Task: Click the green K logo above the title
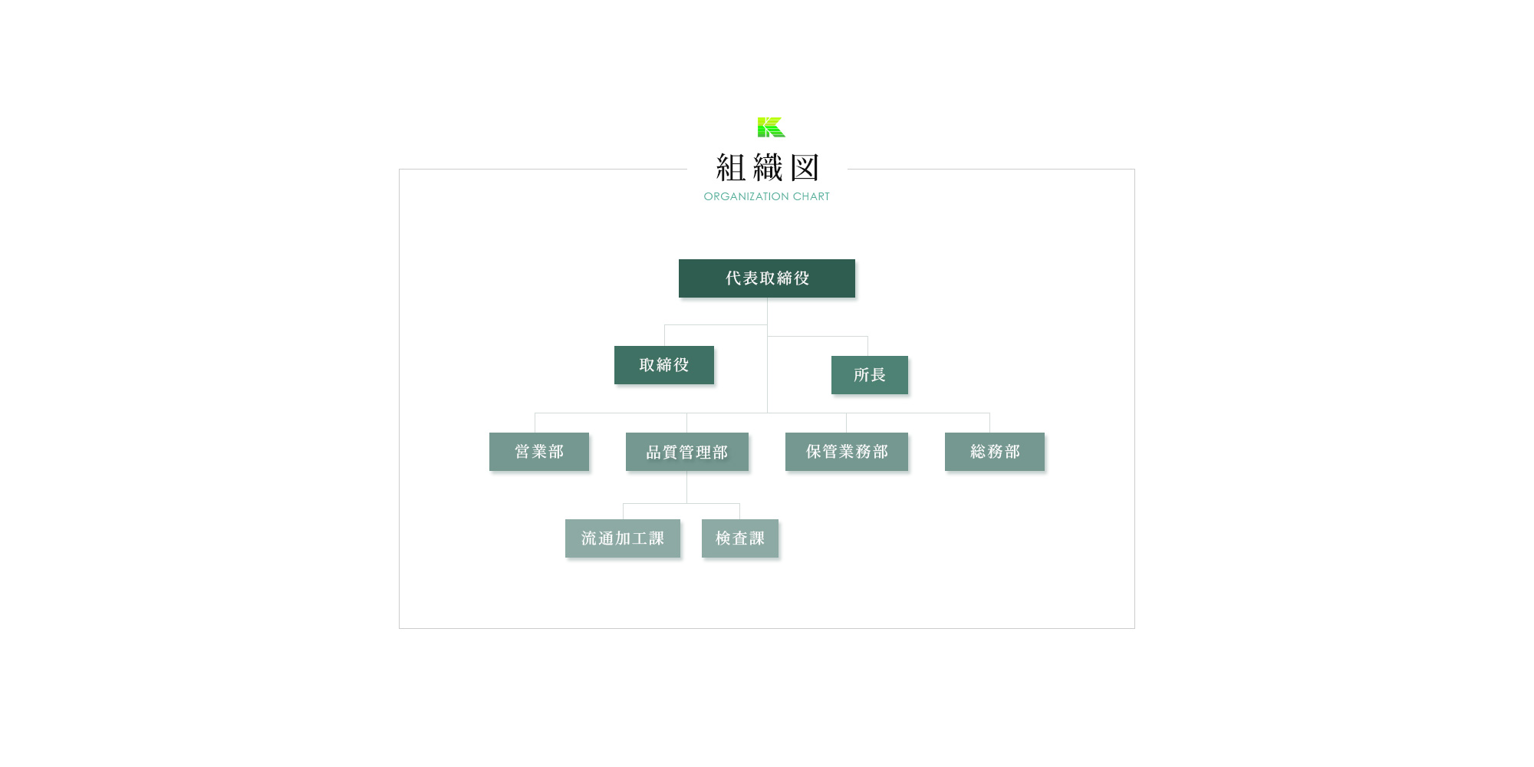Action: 772,127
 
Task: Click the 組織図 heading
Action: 768,168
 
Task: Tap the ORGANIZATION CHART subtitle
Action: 767,196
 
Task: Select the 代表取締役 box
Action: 767,278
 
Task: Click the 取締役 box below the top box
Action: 664,365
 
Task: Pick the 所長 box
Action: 870,375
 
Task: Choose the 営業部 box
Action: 539,452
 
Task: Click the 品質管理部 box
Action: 687,452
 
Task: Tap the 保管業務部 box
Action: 847,452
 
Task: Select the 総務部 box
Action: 995,452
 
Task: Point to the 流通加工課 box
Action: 623,538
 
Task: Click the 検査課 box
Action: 740,538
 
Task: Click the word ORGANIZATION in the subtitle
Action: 746,196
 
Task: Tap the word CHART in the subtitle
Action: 811,196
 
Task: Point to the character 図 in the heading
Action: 805,168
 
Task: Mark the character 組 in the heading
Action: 731,168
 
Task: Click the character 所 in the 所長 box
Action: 861,375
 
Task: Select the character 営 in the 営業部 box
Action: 522,452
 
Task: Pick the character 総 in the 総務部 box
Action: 978,452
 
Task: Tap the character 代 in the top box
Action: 733,278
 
